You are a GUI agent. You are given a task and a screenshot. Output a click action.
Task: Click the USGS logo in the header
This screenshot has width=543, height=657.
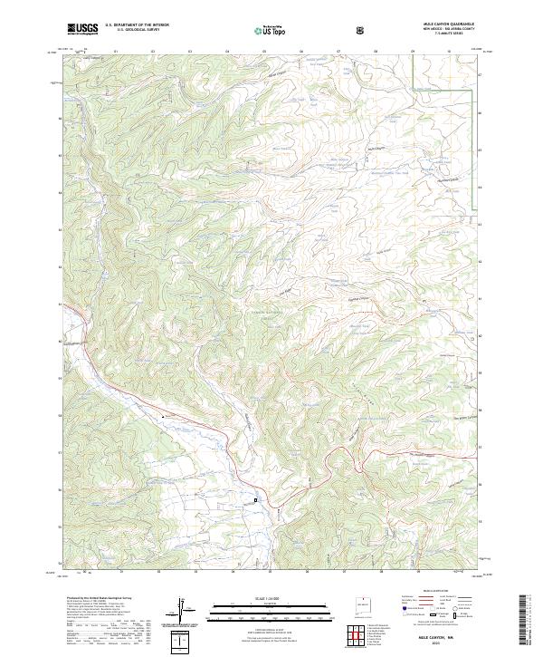pyautogui.click(x=82, y=28)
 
